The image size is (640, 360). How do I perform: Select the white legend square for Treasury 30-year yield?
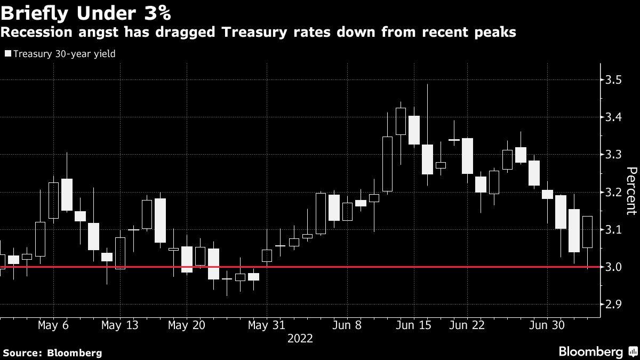tap(7, 53)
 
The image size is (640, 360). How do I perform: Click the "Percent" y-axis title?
tap(631, 191)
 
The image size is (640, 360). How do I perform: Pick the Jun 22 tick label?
tap(467, 325)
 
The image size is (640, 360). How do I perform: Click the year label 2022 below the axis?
tap(300, 338)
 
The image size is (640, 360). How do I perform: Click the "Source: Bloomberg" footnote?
tap(52, 353)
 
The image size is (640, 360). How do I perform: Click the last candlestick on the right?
tap(587, 231)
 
